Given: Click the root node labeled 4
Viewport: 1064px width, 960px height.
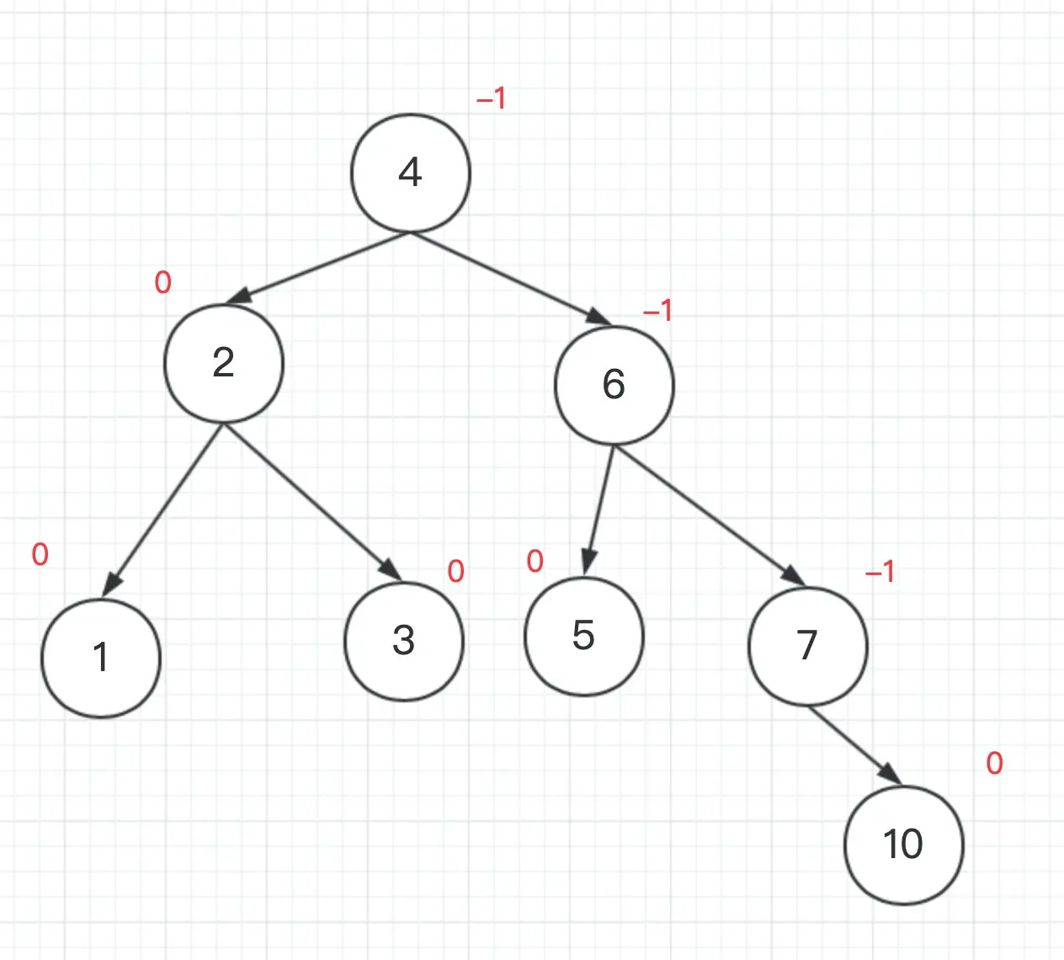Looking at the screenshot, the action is point(410,173).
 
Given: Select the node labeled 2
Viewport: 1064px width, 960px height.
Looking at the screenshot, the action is point(223,363).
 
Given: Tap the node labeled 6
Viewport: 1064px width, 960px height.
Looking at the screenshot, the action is point(614,385).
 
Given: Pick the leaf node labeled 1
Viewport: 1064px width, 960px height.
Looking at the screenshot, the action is point(101,658).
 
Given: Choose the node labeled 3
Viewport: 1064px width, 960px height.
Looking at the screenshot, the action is point(404,641).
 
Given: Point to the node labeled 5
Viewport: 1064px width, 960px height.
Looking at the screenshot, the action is point(583,636).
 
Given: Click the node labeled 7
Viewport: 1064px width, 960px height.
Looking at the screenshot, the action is point(807,646).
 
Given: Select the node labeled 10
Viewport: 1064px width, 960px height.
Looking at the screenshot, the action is point(903,845).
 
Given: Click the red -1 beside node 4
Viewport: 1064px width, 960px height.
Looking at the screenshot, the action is point(491,99).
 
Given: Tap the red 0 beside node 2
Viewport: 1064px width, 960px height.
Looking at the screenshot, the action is point(162,283).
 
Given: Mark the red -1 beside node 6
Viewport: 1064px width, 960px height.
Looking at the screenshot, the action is point(657,312).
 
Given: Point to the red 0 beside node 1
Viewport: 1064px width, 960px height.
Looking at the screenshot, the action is point(40,554).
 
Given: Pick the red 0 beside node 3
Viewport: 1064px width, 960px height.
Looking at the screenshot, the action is point(455,572).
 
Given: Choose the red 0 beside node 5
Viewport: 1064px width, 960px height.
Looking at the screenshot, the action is point(535,562).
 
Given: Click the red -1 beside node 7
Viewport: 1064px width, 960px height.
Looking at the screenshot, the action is point(880,573).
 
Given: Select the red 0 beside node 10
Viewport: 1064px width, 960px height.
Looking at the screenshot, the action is point(994,764).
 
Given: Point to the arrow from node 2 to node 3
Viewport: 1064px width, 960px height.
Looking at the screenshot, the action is point(311,503).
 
